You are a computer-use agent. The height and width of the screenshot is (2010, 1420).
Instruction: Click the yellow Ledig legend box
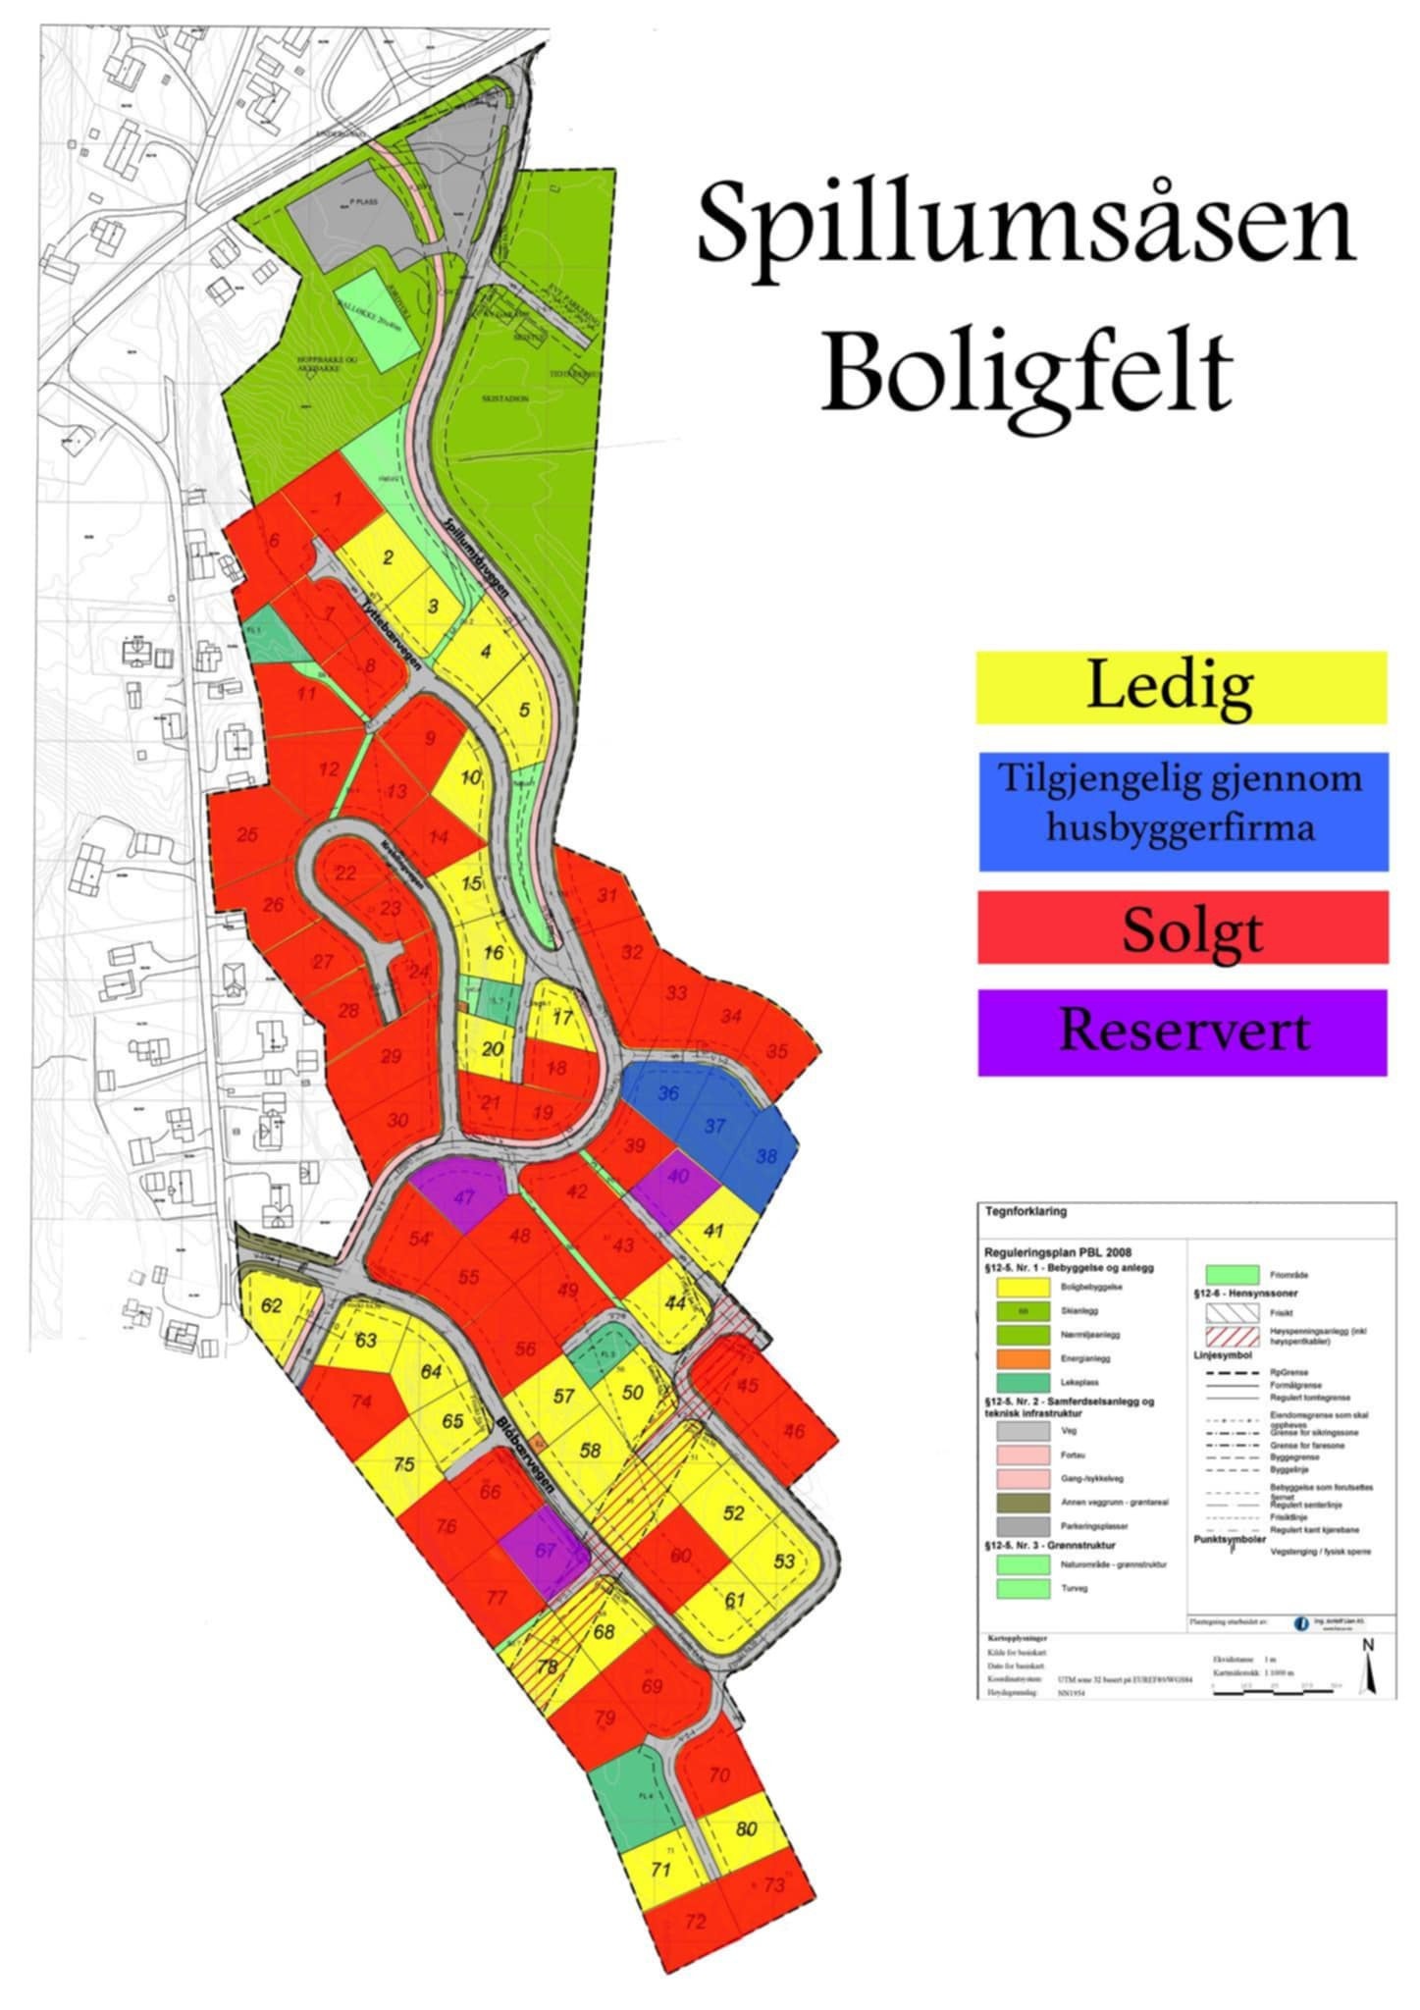click(1181, 687)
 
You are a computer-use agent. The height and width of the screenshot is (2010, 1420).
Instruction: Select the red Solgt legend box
click(1183, 927)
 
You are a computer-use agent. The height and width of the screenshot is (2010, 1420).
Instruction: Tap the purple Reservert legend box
click(1183, 1032)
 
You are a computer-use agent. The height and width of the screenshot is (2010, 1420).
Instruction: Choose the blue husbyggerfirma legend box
click(1183, 811)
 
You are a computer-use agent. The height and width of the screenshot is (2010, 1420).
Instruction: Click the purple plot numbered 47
click(462, 1196)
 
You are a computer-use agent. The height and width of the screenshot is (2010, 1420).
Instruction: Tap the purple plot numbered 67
click(545, 1550)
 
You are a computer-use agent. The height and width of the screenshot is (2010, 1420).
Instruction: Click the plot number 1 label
click(338, 500)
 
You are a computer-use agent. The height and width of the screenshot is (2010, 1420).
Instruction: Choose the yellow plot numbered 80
click(747, 1828)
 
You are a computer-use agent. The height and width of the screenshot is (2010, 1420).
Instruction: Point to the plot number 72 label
click(696, 1949)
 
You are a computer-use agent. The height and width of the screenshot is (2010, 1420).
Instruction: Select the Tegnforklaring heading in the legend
click(1026, 1212)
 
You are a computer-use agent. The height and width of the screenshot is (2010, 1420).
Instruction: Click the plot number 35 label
click(776, 1051)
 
